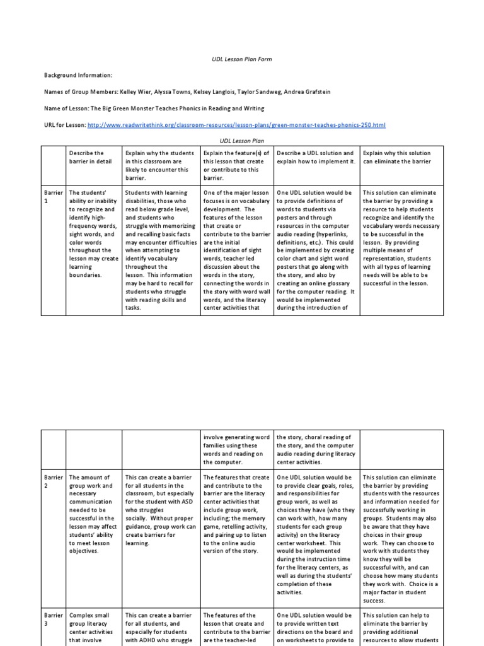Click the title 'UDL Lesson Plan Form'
point(241,59)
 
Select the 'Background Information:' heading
point(78,75)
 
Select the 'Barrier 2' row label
point(53,482)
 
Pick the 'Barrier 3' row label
point(53,619)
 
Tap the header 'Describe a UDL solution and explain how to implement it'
point(316,157)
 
